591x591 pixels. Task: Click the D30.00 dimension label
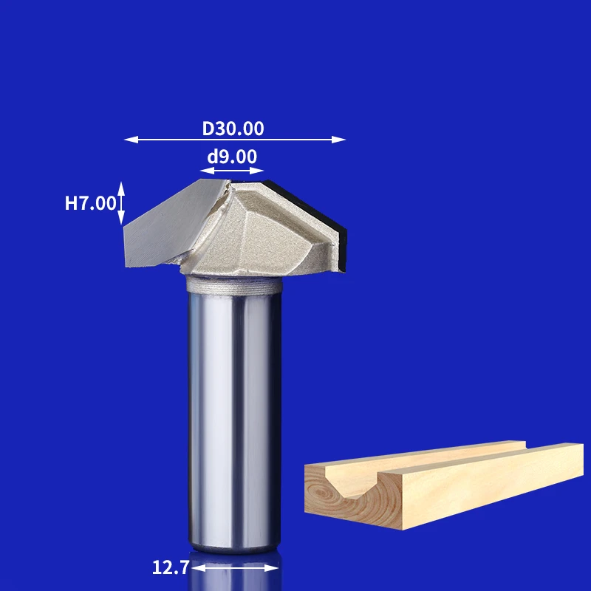pyautogui.click(x=233, y=129)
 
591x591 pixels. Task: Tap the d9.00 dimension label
pyautogui.click(x=232, y=157)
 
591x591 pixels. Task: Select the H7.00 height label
pyautogui.click(x=90, y=203)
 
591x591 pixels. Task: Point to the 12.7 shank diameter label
pyautogui.click(x=171, y=567)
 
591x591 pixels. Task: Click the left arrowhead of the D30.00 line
pyautogui.click(x=131, y=140)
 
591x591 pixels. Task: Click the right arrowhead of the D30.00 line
pyautogui.click(x=338, y=140)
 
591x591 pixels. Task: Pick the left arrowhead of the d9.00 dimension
pyautogui.click(x=208, y=171)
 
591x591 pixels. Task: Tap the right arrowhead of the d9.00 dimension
pyautogui.click(x=256, y=171)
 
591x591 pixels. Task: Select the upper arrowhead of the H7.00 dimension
pyautogui.click(x=121, y=189)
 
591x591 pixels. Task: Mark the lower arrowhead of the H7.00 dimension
pyautogui.click(x=121, y=217)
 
